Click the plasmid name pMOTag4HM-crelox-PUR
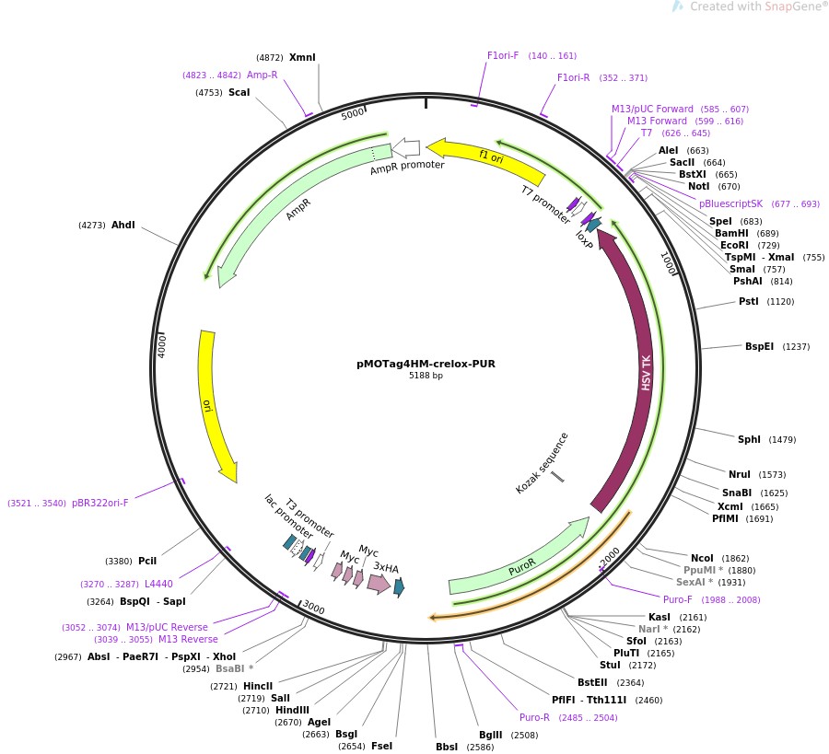[426, 364]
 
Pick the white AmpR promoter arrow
[406, 147]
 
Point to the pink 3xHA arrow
[378, 582]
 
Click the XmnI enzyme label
[302, 57]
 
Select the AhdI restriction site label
[123, 225]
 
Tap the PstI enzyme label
[748, 301]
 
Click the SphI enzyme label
[749, 439]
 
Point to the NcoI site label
[702, 558]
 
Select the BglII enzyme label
[490, 734]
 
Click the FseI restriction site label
[381, 746]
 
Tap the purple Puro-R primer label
[534, 717]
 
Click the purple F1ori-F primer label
[503, 55]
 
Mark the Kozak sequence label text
[542, 463]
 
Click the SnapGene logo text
[788, 6]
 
